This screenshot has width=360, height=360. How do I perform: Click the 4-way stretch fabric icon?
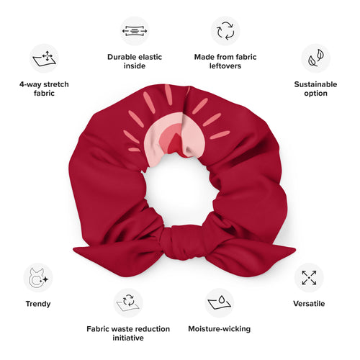(x=44, y=58)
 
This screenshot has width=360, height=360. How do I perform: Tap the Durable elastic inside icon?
(x=135, y=31)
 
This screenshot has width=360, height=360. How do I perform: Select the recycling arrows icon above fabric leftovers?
(x=225, y=31)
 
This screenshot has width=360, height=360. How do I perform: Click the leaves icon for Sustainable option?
(x=315, y=58)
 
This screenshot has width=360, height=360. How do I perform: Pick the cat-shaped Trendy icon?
(x=38, y=278)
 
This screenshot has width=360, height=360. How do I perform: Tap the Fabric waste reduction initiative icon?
(x=128, y=303)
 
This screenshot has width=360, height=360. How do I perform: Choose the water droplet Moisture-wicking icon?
(x=219, y=303)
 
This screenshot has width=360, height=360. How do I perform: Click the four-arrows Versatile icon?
(x=309, y=278)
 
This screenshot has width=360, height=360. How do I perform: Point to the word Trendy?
(x=38, y=304)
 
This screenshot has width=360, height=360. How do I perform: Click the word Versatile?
(x=309, y=304)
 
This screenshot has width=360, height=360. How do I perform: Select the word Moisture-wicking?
(x=219, y=329)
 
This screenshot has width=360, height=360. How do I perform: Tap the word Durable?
(x=122, y=57)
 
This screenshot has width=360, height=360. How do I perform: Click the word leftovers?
(x=225, y=66)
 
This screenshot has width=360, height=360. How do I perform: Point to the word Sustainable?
(x=315, y=84)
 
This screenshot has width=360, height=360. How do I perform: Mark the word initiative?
(x=128, y=338)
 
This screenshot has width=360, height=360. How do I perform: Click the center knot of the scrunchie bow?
(x=179, y=243)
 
